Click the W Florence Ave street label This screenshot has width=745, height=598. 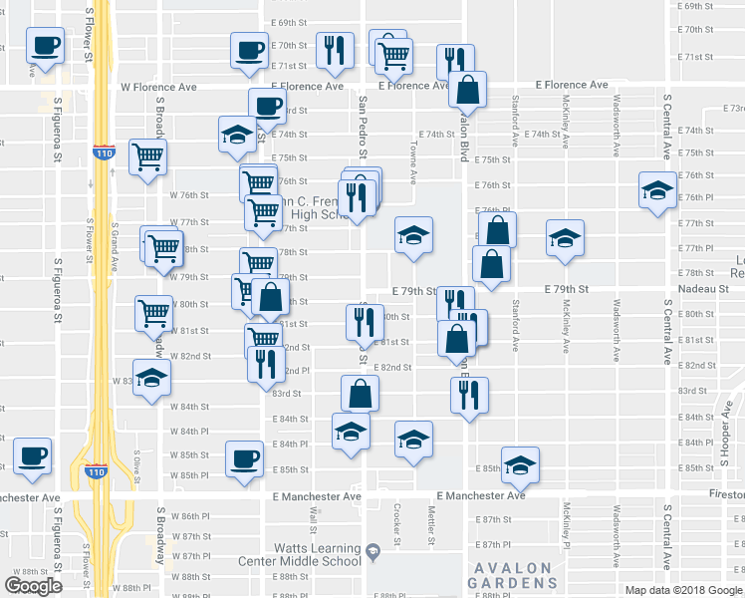(x=158, y=88)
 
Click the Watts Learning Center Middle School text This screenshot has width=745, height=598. (x=318, y=554)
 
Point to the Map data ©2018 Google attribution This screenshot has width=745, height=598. (x=684, y=589)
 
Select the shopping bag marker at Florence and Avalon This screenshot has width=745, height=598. (x=466, y=91)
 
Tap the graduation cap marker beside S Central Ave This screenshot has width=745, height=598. (x=656, y=191)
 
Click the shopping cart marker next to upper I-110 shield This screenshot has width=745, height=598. (x=147, y=156)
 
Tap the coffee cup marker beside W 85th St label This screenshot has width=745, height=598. (x=245, y=458)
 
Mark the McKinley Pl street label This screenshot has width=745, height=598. (x=564, y=526)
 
